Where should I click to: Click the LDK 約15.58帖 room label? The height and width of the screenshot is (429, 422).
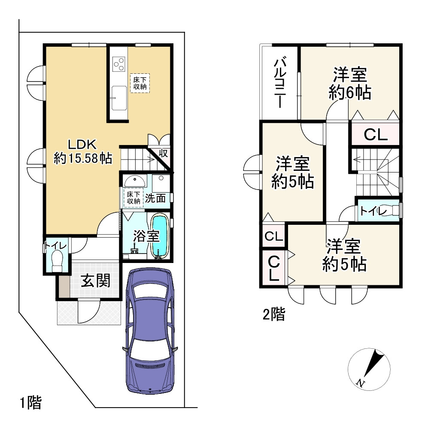point(83,151)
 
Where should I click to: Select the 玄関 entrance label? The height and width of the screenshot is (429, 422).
point(96,281)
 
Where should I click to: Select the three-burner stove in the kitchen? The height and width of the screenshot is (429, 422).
point(119,64)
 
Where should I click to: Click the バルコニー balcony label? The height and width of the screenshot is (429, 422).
point(280,83)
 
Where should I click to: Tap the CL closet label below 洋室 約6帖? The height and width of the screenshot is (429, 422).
point(376,135)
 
